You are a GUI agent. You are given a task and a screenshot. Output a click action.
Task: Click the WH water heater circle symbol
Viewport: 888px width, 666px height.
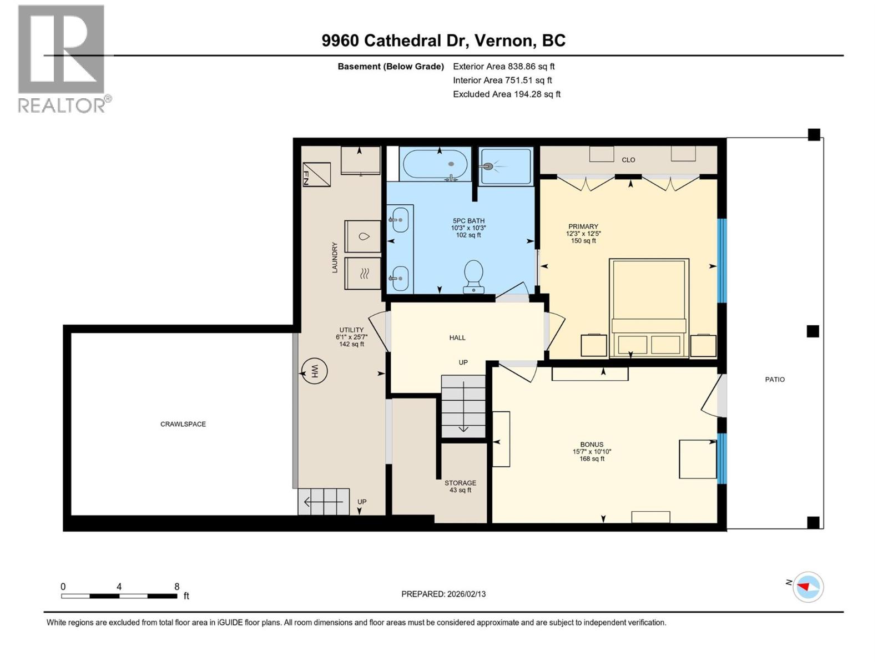click(314, 371)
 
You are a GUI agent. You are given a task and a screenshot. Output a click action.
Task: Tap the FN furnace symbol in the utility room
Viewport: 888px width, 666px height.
click(316, 174)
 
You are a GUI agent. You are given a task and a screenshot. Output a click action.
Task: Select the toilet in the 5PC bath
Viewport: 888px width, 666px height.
click(473, 275)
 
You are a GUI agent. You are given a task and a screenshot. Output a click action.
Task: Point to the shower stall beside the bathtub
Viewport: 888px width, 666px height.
click(505, 166)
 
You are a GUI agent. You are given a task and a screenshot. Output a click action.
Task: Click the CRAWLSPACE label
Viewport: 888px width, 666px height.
click(183, 424)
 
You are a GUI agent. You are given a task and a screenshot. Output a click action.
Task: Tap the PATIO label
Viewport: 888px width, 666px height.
click(775, 380)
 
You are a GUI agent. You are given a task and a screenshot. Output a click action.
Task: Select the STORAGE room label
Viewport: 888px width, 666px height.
click(460, 483)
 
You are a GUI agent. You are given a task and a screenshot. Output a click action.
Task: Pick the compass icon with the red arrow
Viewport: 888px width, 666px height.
click(808, 587)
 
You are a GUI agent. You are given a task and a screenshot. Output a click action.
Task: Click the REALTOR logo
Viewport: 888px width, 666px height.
click(62, 58)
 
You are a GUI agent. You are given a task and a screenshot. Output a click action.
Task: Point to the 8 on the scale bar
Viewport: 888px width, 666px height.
click(176, 587)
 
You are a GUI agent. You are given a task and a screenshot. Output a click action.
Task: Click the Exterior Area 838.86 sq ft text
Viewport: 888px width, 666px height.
click(503, 67)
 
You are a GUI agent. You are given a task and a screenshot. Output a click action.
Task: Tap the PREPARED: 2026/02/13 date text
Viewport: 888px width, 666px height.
click(443, 594)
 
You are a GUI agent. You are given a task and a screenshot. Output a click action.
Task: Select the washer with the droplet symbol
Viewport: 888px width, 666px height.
click(363, 236)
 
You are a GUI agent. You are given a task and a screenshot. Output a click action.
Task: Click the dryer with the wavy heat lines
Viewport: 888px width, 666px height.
click(363, 273)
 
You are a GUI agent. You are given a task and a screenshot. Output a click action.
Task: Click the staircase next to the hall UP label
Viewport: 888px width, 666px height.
click(463, 406)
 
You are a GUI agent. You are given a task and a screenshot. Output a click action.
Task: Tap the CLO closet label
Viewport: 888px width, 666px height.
click(628, 160)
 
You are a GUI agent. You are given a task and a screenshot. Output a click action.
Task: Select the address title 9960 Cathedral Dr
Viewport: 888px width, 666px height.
click(443, 41)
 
